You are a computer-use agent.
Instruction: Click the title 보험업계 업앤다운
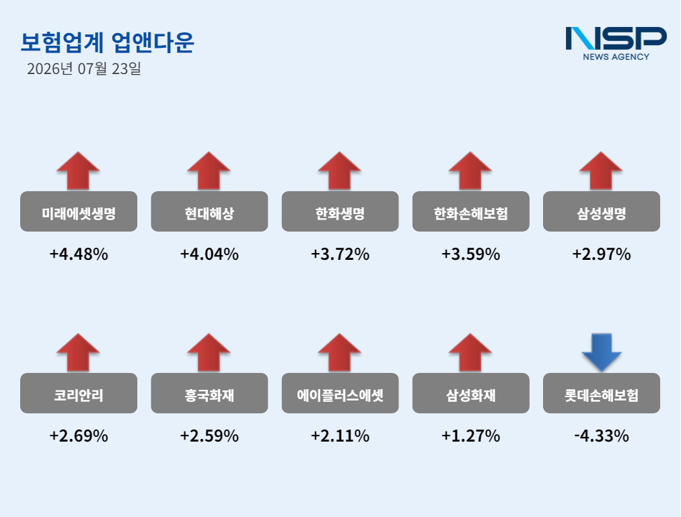(107, 42)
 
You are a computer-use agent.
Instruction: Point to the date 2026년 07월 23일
(84, 69)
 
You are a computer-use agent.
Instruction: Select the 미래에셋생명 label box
(79, 211)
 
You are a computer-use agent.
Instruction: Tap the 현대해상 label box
(209, 211)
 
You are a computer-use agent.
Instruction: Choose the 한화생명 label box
(340, 211)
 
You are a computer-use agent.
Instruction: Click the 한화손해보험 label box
(471, 211)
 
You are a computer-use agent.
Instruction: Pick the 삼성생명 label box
(602, 211)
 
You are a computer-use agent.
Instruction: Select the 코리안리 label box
(79, 392)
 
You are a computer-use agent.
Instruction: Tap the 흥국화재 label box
(209, 392)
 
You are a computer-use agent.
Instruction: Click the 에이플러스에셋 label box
(340, 392)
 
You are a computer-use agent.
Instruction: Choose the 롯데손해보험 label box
(602, 392)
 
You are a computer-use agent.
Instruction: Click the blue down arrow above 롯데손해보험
(602, 352)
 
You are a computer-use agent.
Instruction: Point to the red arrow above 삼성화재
(470, 352)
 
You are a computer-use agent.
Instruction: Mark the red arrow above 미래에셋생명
(78, 171)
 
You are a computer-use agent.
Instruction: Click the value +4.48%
(79, 254)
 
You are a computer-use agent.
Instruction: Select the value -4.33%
(602, 436)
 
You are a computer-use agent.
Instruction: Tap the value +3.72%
(340, 254)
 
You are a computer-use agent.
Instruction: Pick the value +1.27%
(471, 436)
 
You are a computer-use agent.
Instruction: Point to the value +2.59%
(209, 436)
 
